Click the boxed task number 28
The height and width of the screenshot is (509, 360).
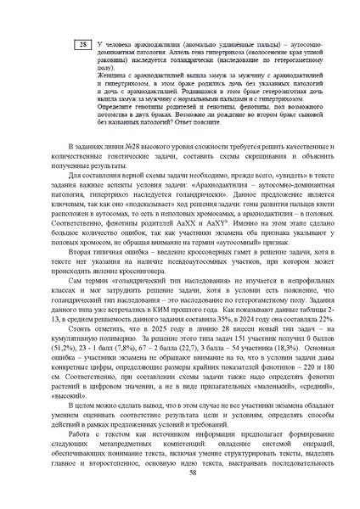[x=82, y=44]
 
